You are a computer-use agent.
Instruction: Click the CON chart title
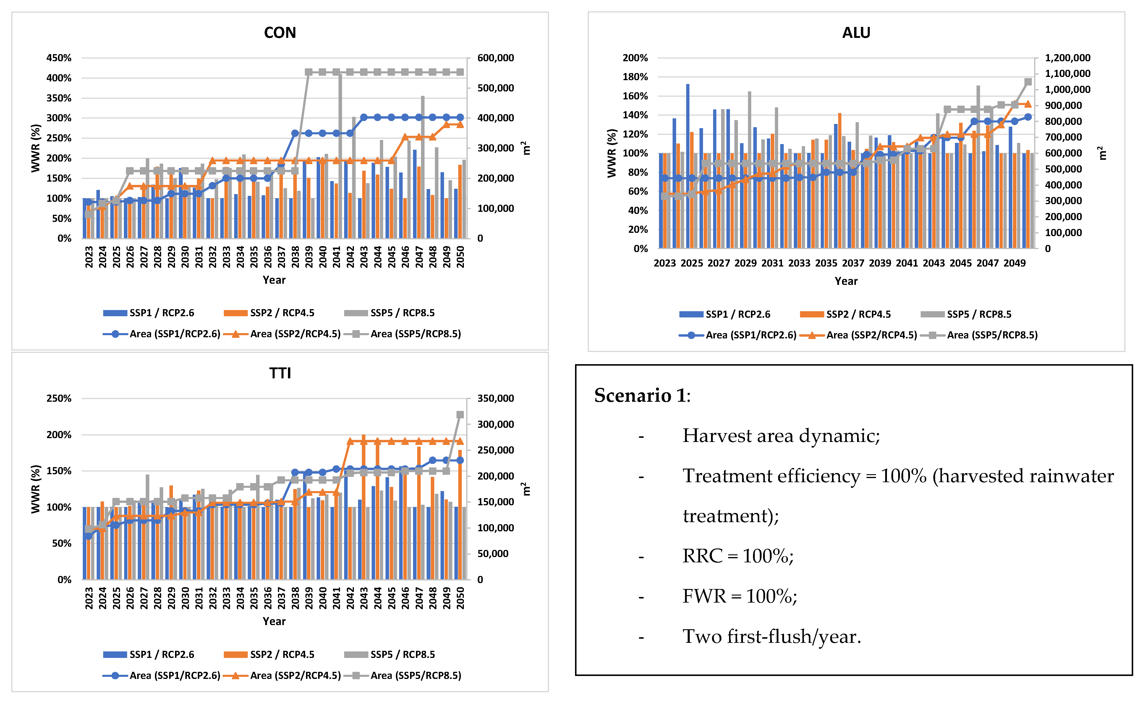click(280, 33)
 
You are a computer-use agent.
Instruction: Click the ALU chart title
click(856, 33)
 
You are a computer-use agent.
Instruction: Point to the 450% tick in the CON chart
click(59, 58)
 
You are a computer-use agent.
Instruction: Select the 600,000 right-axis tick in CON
click(495, 58)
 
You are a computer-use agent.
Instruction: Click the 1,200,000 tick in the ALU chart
click(1067, 58)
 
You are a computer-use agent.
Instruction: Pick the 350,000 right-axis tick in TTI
click(495, 398)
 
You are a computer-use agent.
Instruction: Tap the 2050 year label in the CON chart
click(460, 257)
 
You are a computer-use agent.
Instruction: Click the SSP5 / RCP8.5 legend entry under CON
click(402, 313)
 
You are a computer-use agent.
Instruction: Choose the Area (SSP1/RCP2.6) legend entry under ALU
click(750, 335)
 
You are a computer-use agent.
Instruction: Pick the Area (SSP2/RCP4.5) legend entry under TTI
click(295, 676)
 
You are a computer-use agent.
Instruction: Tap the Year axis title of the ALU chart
click(846, 281)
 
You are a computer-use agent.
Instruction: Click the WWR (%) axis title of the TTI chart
click(36, 489)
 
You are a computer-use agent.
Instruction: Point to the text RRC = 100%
click(738, 556)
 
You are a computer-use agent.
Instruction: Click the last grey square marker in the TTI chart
click(460, 415)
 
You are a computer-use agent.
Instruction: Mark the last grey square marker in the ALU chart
click(1028, 82)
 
